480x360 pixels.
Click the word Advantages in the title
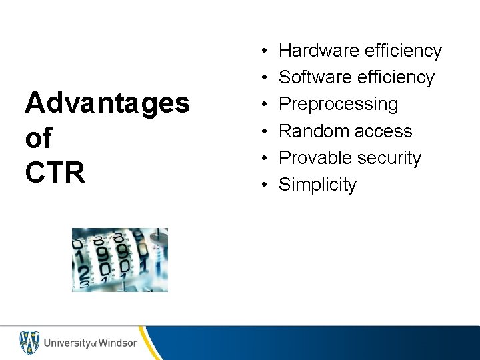click(107, 104)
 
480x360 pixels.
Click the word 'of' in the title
click(38, 138)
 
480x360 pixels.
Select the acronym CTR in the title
click(55, 172)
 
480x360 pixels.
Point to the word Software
click(316, 77)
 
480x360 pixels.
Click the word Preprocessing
click(338, 104)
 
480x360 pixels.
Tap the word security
click(390, 158)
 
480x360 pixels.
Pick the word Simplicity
click(317, 185)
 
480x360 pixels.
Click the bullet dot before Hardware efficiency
click(265, 51)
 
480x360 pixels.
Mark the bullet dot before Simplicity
click(265, 185)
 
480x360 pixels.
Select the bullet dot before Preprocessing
click(265, 105)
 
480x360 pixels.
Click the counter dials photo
click(120, 260)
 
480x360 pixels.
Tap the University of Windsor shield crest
click(29, 343)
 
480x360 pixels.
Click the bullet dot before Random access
click(265, 131)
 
